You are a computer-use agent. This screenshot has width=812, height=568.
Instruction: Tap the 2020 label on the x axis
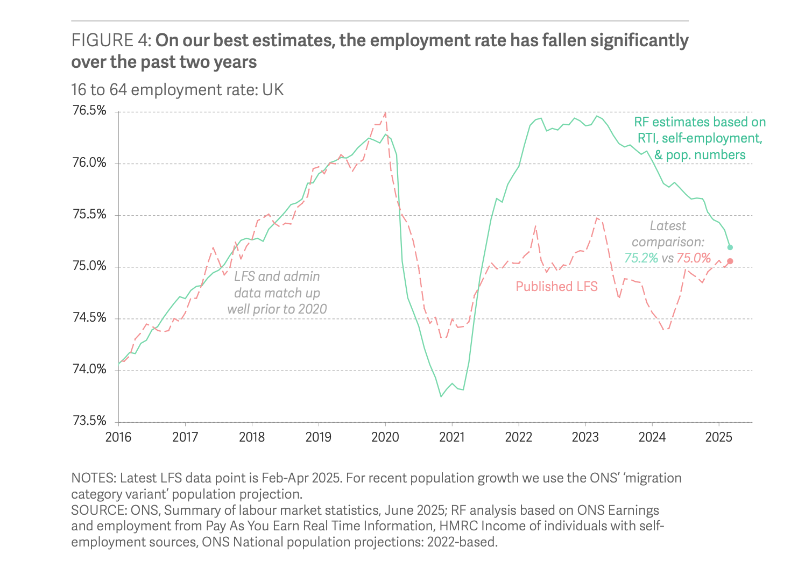coord(385,437)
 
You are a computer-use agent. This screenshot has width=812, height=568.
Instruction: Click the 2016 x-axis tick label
coord(118,437)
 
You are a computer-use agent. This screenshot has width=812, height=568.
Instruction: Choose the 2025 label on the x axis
coord(719,437)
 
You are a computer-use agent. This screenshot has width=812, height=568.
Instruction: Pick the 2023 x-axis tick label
coord(585,437)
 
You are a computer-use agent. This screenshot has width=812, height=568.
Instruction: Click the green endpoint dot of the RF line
coord(730,247)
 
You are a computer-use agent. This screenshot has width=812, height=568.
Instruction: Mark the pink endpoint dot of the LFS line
coord(730,261)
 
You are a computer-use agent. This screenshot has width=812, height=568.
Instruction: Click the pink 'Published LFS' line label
coord(556,287)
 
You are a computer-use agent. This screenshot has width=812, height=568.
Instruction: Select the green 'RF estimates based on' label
coord(700,123)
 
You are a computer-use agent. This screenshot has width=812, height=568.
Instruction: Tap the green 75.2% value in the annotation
coord(641,258)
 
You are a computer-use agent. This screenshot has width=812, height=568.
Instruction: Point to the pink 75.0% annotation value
coord(694,258)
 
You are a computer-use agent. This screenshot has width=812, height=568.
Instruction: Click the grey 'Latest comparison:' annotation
coord(668,234)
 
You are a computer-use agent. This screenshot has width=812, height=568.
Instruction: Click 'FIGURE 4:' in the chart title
coord(111,41)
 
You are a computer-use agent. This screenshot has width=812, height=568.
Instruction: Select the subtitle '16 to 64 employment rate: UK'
coord(178,89)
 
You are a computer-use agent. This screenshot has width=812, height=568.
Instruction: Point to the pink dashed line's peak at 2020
coord(385,112)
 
